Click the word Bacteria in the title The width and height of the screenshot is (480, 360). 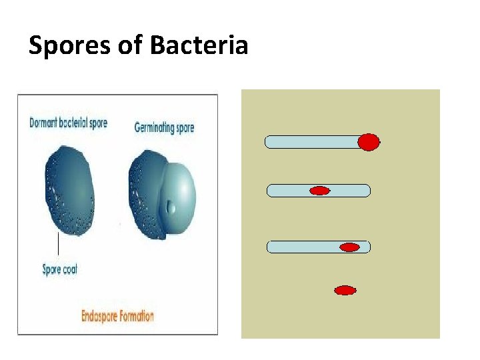coord(199,45)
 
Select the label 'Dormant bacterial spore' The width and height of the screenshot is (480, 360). coord(68,123)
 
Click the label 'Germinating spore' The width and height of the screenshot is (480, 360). coord(164,127)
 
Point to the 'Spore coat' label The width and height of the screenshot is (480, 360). coord(60,269)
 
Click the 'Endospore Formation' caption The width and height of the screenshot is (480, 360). coord(117,315)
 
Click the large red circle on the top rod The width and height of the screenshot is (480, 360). coord(369,142)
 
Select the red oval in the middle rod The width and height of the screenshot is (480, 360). coord(320,191)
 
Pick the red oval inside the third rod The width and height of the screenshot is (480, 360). coord(349,247)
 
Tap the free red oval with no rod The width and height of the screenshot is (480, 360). coord(345,290)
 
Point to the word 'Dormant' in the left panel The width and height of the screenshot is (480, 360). coord(45,123)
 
